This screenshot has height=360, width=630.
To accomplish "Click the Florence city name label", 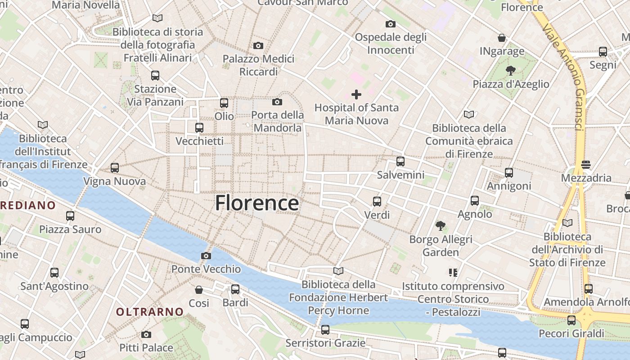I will coord(257,203).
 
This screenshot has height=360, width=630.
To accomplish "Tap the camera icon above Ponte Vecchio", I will coord(206,256).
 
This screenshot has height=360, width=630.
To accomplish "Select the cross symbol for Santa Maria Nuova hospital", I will coord(356,94).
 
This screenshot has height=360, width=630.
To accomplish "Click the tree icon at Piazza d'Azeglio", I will coord(510,71).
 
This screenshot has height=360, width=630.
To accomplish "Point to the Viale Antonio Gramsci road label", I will coord(564,76).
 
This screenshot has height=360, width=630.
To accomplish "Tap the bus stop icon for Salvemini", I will coord(400,162).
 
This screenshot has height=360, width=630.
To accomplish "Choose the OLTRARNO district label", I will coord(150,311).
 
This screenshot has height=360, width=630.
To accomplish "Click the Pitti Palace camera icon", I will coord(146,334).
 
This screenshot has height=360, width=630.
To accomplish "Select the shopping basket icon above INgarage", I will coord(502,38).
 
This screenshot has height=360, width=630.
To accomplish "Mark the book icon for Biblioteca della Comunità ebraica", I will coord(469,115).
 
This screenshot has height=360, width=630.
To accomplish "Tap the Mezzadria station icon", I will coord(585,165).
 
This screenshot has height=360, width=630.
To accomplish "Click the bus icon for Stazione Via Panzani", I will coord(155,76).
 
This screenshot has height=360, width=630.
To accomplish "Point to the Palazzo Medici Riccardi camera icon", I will coord(258,45).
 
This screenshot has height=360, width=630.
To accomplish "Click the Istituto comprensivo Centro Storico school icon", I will coord(453,273).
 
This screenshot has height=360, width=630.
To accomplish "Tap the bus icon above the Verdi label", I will coord(377,202).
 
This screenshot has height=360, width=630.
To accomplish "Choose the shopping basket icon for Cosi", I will coord(199,290).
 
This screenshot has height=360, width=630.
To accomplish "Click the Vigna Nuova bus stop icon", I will coord(115,168).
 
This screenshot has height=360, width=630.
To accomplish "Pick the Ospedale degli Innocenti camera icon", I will coord(391,24).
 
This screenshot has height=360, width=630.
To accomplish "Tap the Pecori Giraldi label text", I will coord(571,333).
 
